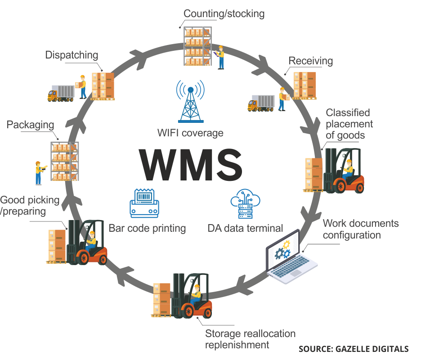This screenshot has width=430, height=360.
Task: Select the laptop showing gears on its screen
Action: (291, 256)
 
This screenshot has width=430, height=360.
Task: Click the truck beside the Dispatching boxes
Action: (61, 93)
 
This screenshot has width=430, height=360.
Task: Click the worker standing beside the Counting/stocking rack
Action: (220, 57)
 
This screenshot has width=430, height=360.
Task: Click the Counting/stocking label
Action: (224, 13)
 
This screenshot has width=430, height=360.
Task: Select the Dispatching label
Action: (72, 55)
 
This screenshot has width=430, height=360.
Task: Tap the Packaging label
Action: (31, 126)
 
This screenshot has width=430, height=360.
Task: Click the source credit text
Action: (354, 348)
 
